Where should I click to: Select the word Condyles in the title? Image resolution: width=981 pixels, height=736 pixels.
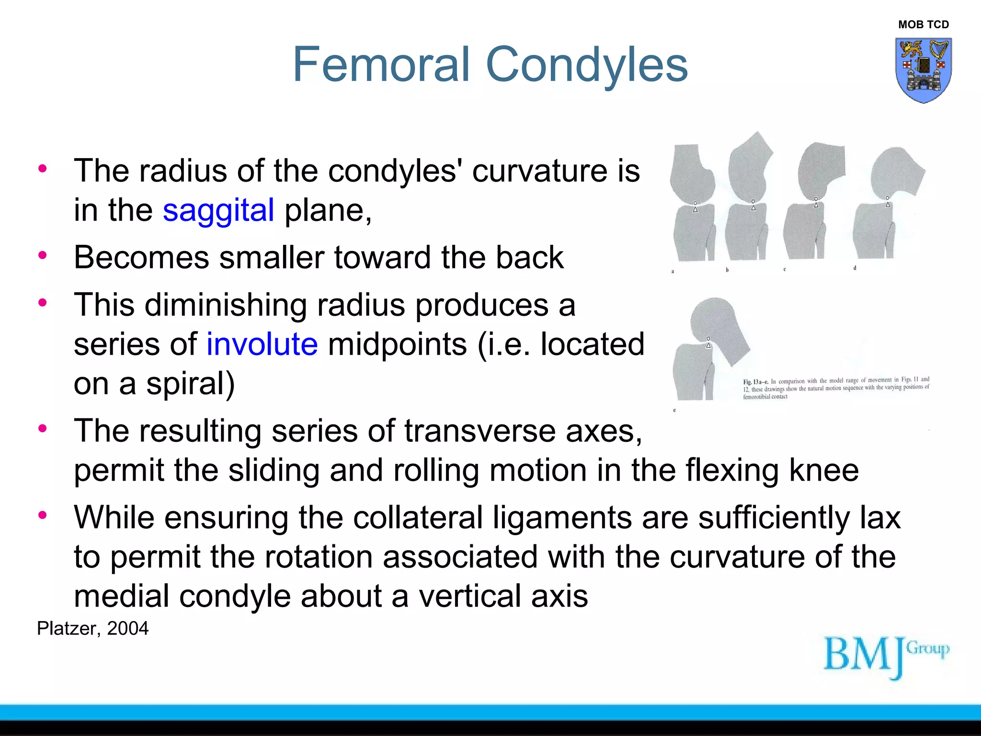tap(587, 64)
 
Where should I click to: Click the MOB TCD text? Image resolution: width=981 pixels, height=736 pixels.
tap(923, 24)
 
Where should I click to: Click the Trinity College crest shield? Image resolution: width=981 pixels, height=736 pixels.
tap(923, 70)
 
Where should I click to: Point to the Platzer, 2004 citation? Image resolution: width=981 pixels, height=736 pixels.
tap(93, 628)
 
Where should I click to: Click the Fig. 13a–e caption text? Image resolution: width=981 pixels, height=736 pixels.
tap(836, 388)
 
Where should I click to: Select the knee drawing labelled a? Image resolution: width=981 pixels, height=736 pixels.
tap(693, 204)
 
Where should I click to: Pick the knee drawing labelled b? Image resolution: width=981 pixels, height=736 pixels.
tap(749, 199)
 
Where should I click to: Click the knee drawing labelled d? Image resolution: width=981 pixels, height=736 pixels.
tap(886, 201)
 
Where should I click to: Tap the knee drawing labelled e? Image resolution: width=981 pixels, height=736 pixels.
tap(709, 350)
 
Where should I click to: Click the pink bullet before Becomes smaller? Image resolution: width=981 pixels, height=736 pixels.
tap(43, 255)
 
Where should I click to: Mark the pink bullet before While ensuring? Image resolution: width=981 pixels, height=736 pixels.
tap(43, 515)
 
